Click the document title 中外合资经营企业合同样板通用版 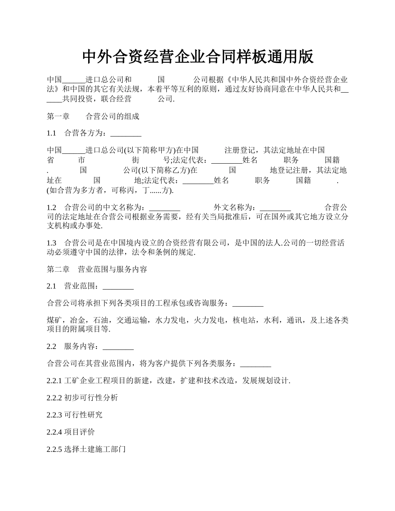[x=197, y=57]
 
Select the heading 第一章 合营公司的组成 [x=93, y=116]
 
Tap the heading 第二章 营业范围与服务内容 [x=97, y=269]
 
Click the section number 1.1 [x=52, y=133]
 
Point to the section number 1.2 [x=52, y=207]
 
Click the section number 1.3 [x=52, y=243]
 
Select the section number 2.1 [x=52, y=286]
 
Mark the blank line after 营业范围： [x=118, y=287]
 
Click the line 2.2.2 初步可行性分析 [x=82, y=398]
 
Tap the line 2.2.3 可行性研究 [x=74, y=415]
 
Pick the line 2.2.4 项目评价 [x=71, y=432]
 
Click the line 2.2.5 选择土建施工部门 [x=86, y=449]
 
